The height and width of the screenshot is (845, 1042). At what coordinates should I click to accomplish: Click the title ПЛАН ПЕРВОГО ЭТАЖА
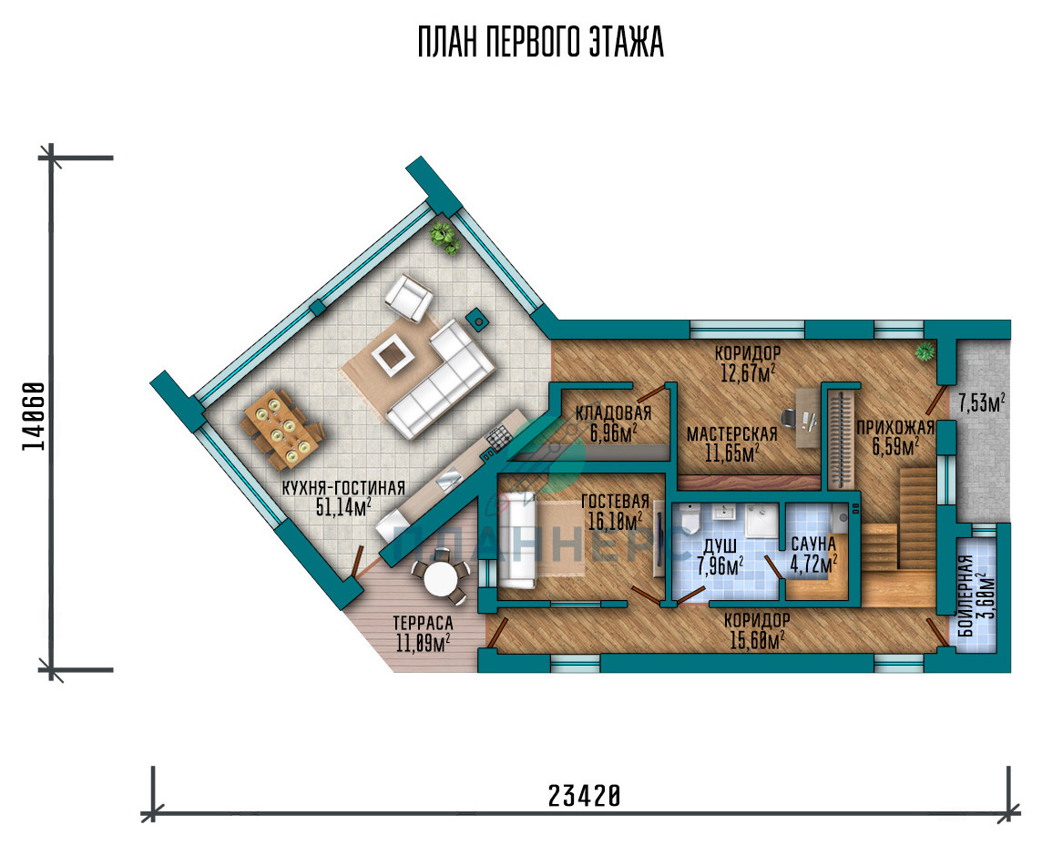pyautogui.click(x=540, y=43)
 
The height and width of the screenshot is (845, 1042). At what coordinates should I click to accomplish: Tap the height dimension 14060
pyautogui.click(x=34, y=416)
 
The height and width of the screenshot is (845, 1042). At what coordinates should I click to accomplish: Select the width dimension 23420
pyautogui.click(x=585, y=795)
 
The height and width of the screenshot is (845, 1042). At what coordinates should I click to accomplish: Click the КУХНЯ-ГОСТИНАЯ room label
pyautogui.click(x=342, y=488)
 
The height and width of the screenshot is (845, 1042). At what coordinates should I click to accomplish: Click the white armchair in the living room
pyautogui.click(x=409, y=299)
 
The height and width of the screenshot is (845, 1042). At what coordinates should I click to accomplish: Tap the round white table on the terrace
pyautogui.click(x=439, y=580)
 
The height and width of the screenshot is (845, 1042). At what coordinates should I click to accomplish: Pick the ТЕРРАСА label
pyautogui.click(x=423, y=623)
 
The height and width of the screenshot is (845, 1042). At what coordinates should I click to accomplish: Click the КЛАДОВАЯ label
pyautogui.click(x=613, y=412)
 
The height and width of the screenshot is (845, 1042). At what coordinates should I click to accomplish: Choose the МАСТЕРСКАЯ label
pyautogui.click(x=731, y=434)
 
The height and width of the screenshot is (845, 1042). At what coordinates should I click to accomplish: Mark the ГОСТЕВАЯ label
pyautogui.click(x=615, y=501)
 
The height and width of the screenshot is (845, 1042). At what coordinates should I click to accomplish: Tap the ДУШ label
pyautogui.click(x=720, y=546)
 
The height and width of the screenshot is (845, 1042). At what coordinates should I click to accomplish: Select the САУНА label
pyautogui.click(x=812, y=544)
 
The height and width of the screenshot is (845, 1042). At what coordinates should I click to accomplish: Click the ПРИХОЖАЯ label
pyautogui.click(x=895, y=427)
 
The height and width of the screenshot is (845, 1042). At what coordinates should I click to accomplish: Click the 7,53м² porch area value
pyautogui.click(x=981, y=402)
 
